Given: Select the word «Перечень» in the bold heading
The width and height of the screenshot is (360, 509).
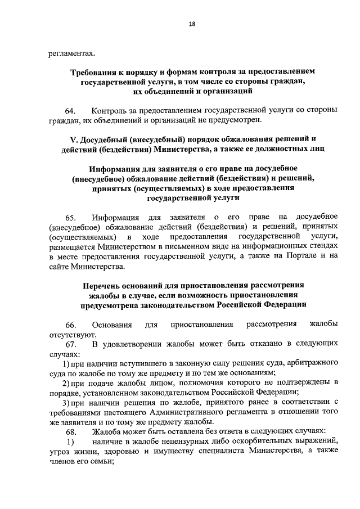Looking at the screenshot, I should coord(104,285).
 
